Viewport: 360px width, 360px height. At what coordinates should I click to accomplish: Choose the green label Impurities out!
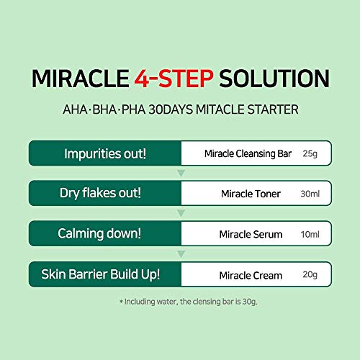tap(105, 153)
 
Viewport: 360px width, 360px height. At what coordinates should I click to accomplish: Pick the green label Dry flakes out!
tap(105, 194)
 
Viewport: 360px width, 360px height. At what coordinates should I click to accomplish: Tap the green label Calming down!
tap(105, 235)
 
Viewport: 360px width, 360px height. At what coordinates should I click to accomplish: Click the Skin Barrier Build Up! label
tap(105, 275)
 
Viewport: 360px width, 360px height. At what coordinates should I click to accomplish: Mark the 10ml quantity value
tap(310, 235)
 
